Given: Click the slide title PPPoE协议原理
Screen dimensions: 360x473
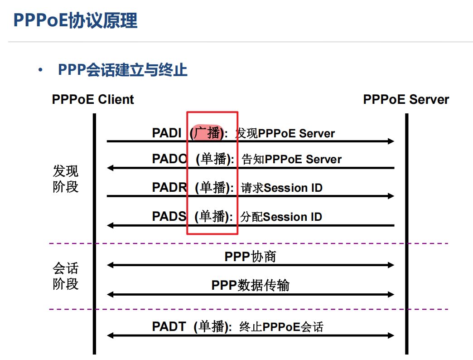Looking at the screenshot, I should click(75, 20).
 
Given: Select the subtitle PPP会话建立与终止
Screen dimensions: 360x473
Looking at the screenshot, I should click(122, 70).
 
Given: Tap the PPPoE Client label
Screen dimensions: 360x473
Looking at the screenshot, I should click(93, 100).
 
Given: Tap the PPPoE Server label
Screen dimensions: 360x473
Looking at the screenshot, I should click(406, 100).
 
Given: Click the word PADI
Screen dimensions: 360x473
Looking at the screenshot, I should click(167, 133).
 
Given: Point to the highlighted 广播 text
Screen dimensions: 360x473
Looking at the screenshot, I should click(208, 133).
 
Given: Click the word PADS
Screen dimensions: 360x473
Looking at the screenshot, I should click(169, 216).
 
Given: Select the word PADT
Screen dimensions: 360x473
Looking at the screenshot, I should click(169, 326).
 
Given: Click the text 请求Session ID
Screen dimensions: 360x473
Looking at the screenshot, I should click(281, 188).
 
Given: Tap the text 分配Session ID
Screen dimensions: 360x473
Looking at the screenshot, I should click(281, 217).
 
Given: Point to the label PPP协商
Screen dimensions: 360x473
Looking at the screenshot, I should click(250, 257).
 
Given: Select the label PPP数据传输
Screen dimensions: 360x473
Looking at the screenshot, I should click(250, 285).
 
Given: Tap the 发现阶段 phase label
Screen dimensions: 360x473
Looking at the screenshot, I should click(66, 179).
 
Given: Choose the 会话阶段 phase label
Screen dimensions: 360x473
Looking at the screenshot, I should click(66, 276).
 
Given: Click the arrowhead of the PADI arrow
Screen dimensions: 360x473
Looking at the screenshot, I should click(391, 141).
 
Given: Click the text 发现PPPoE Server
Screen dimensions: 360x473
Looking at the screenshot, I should click(285, 133).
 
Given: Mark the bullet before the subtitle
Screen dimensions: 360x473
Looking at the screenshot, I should click(41, 71).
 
